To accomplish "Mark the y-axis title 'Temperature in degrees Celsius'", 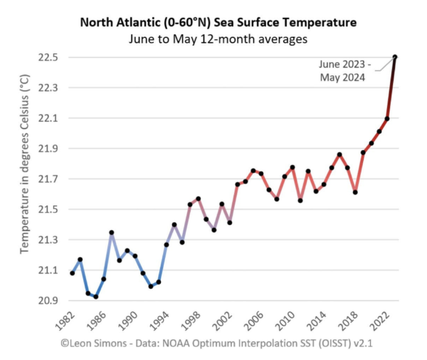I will click(24, 179).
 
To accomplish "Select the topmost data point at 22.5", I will click(395, 57).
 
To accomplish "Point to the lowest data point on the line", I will click(96, 297).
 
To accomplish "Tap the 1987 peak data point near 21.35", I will click(112, 233).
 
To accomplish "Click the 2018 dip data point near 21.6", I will click(355, 192).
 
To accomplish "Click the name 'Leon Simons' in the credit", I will click(90, 344).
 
